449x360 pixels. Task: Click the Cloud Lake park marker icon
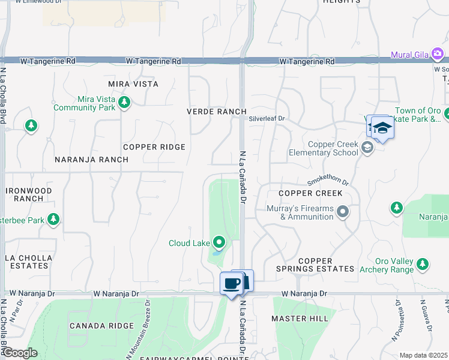click(x=220, y=243)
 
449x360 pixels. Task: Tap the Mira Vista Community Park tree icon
click(x=124, y=103)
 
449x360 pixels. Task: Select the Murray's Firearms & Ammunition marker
click(x=343, y=212)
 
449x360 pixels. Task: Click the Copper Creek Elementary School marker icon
click(x=367, y=148)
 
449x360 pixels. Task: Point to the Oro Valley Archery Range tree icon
click(x=423, y=264)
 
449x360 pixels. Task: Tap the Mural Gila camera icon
click(x=438, y=55)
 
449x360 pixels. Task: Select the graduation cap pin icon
click(x=382, y=128)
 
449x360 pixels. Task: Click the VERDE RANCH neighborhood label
click(x=217, y=112)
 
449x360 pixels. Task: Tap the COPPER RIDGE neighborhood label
click(x=154, y=147)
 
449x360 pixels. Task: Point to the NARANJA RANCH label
click(x=91, y=160)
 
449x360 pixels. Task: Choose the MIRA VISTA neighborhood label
click(x=133, y=84)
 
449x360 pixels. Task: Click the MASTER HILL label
click(x=300, y=319)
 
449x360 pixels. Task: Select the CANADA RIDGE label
click(x=101, y=326)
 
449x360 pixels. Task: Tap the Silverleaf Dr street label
click(x=267, y=119)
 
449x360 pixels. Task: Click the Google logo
click(x=19, y=353)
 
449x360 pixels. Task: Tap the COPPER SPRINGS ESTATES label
click(x=315, y=265)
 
